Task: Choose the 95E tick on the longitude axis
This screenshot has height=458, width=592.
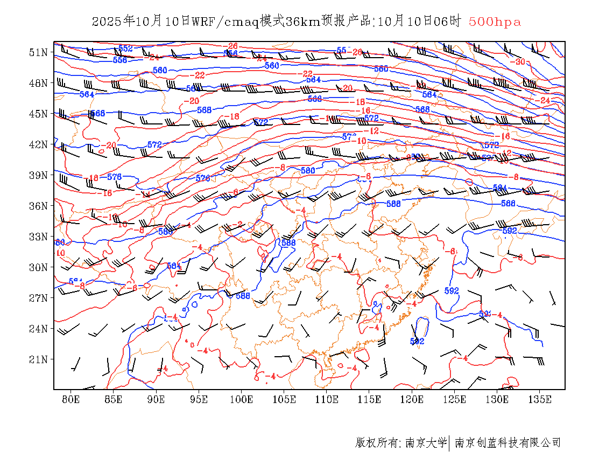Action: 199,399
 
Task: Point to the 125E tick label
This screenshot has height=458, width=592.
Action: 455,399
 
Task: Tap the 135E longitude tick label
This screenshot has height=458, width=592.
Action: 540,399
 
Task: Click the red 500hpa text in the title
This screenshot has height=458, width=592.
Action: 495,22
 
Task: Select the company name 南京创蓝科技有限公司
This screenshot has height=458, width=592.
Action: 508,443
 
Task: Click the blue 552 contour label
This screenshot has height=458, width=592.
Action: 125,48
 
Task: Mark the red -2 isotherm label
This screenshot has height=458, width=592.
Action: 238,224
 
